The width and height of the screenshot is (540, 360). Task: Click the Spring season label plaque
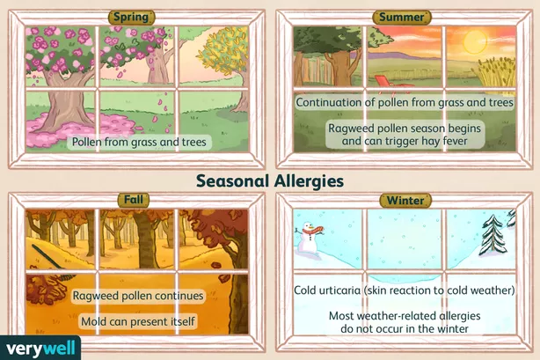(132, 17)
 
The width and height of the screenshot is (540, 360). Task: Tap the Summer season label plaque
(402, 18)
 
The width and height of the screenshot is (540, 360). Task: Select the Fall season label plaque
(134, 200)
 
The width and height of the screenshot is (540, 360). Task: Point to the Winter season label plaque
(405, 201)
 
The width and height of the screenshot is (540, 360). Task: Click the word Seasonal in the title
(232, 181)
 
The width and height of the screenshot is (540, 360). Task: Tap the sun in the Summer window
(475, 41)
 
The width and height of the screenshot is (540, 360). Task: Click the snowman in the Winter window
(309, 241)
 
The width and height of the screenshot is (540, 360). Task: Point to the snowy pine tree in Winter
(493, 236)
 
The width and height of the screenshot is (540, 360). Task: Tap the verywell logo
(40, 348)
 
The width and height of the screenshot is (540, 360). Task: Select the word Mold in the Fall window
(91, 321)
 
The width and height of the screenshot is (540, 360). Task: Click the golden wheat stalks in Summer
(496, 71)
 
